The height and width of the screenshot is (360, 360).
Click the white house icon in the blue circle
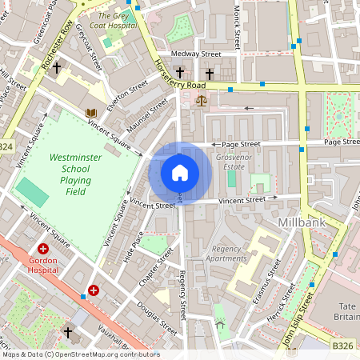(x=180, y=172)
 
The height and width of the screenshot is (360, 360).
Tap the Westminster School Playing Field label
(x=75, y=175)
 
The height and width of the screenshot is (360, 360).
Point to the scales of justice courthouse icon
(x=200, y=102)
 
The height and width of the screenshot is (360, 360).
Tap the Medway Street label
(x=201, y=54)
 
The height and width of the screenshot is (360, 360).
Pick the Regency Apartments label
(x=225, y=254)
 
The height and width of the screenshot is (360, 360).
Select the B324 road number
(x=6, y=146)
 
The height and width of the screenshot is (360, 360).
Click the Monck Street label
(x=238, y=24)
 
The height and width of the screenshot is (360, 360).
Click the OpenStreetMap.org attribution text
(x=81, y=354)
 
